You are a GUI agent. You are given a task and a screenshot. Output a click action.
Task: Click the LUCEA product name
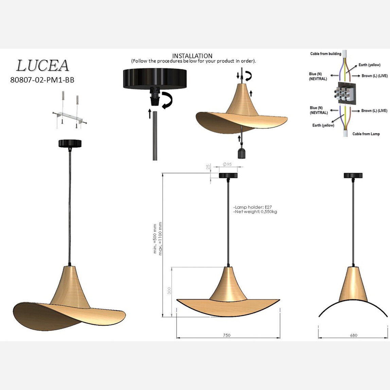tap(42, 66)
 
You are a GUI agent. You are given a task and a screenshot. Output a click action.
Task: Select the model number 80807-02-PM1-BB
tap(42, 80)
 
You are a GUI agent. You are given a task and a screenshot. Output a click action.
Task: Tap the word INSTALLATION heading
tap(192, 56)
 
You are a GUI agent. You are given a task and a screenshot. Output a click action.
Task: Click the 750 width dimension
tap(227, 335)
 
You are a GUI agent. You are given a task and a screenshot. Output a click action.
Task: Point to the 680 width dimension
tap(353, 335)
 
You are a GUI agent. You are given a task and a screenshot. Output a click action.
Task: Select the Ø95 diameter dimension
tap(227, 164)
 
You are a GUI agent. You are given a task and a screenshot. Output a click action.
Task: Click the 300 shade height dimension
tap(170, 290)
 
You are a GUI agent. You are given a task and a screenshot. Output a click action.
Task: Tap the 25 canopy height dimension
tap(208, 167)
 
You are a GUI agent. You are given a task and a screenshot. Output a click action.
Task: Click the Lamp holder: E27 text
tap(252, 207)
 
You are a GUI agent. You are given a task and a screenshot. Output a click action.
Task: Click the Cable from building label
tap(325, 54)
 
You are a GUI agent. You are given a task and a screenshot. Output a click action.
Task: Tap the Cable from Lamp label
tap(366, 134)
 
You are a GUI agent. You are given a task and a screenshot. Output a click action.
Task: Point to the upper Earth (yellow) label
tap(369, 65)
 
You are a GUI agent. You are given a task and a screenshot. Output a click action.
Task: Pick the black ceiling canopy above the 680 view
tap(353, 176)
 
